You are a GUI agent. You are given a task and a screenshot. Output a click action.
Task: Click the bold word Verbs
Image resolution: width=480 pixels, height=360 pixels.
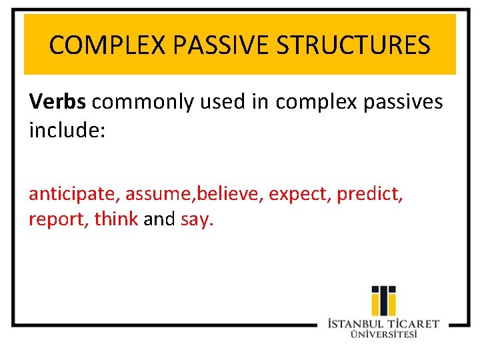click(57, 102)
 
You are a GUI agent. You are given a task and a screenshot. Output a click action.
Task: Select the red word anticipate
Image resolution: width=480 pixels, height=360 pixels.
click(73, 194)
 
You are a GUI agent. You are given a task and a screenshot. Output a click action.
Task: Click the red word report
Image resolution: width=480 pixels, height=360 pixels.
click(57, 219)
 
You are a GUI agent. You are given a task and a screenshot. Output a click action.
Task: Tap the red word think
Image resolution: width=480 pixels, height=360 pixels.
click(116, 219)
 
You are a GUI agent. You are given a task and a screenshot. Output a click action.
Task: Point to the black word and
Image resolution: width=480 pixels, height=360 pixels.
click(159, 219)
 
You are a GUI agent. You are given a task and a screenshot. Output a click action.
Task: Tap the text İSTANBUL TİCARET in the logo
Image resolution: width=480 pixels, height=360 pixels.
click(383, 324)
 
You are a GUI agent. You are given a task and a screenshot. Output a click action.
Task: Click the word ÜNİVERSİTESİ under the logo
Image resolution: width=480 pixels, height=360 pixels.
click(383, 335)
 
